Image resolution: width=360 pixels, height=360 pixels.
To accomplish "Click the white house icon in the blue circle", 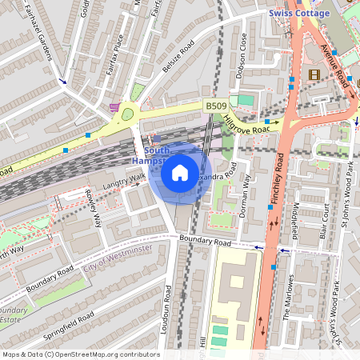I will point(180,172).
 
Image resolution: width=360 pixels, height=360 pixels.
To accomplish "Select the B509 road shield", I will point(214,105).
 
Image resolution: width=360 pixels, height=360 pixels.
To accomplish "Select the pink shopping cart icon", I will point(117,106).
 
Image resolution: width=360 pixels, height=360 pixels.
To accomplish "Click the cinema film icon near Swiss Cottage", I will point(313,74).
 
